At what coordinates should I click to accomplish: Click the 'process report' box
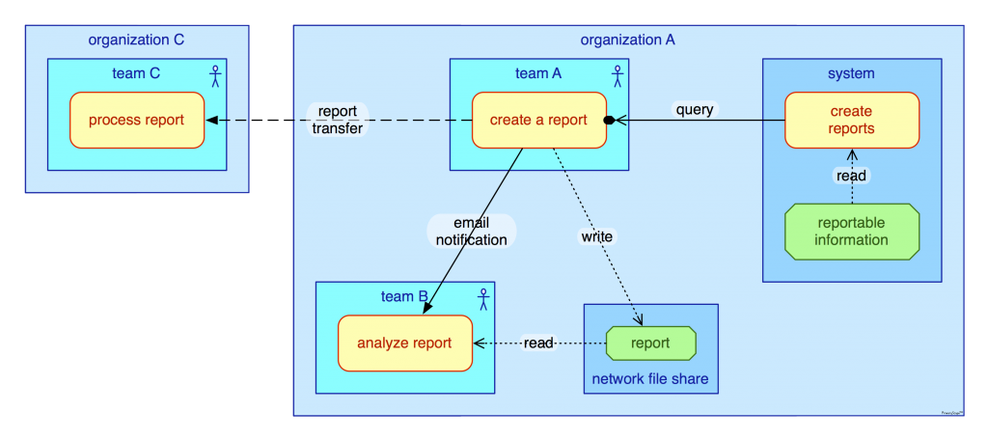[136, 121]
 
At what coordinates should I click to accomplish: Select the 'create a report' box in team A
[538, 121]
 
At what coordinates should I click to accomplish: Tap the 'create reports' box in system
[851, 121]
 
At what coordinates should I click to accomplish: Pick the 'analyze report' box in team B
[404, 344]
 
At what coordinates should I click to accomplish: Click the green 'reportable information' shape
[851, 232]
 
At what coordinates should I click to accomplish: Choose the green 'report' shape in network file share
[650, 344]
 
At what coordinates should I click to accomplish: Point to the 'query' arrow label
[695, 110]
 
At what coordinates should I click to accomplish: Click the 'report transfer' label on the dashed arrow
[338, 120]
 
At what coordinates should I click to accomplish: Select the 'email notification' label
[471, 232]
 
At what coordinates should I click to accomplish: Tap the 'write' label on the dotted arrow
[596, 236]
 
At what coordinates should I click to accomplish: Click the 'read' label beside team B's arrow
[538, 344]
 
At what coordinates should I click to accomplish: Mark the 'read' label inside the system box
[851, 176]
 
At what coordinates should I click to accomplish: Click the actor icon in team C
[215, 74]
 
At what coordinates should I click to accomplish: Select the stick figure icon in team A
[617, 74]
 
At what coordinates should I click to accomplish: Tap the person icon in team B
[483, 298]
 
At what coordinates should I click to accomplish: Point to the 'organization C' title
[136, 40]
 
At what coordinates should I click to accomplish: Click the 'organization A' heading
[627, 40]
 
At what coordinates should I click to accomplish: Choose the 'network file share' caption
[650, 379]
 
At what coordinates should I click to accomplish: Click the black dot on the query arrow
[610, 121]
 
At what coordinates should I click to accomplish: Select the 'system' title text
[851, 73]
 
